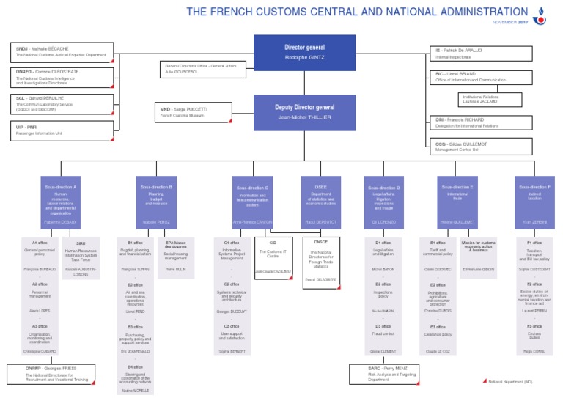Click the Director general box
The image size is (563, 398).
pos(304,53)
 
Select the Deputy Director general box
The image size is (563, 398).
pos(304,112)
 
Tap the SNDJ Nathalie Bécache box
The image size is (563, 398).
pos(63,52)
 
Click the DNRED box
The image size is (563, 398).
pos(63,78)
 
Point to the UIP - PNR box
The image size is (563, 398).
pos(63,130)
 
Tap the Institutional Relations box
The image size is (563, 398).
pos(490,100)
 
